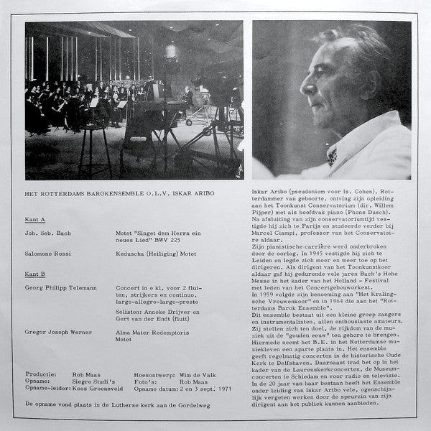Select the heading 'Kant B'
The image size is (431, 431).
click(x=35, y=273)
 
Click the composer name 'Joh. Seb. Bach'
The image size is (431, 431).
click(x=50, y=233)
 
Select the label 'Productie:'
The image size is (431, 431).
click(x=40, y=375)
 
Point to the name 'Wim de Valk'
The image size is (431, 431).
click(x=194, y=375)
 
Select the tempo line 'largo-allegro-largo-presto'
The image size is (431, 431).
click(x=162, y=303)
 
